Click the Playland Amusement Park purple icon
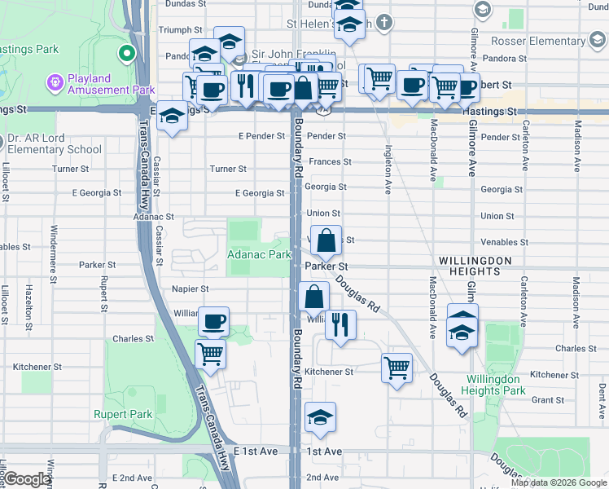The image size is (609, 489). (x=55, y=82)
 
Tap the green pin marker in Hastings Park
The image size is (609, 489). (x=126, y=55)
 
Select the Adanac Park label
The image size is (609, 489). (x=258, y=255)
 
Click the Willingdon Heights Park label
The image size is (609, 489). (x=495, y=385)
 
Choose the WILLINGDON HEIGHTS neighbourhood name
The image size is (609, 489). (x=475, y=260)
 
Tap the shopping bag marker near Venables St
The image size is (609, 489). (x=326, y=241)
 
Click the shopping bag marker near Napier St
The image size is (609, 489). (x=314, y=297)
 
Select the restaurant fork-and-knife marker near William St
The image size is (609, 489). (x=340, y=324)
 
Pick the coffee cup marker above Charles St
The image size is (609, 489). (x=213, y=322)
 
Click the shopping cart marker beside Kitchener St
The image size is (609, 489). (x=397, y=368)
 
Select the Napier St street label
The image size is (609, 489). (x=191, y=289)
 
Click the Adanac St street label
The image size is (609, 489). (x=154, y=217)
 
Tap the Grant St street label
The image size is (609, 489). (x=547, y=400)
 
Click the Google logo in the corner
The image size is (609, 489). (x=27, y=479)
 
